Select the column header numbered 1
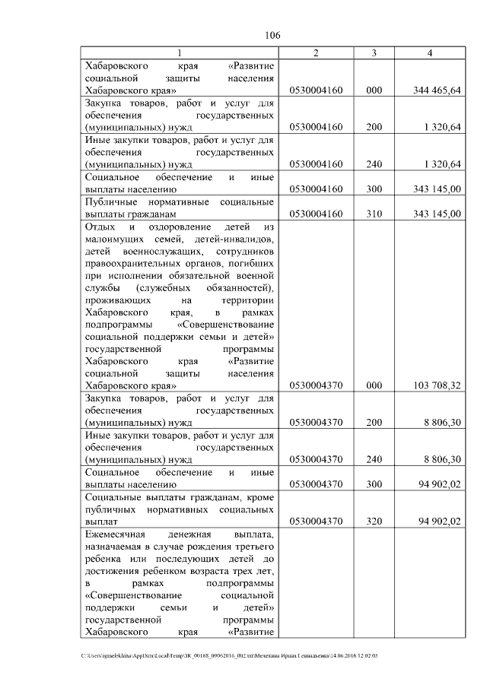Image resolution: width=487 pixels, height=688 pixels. [180, 52]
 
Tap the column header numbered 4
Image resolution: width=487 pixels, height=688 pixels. [430, 52]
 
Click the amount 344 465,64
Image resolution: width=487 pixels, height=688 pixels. [437, 90]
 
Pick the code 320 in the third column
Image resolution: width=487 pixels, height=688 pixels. [374, 521]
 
